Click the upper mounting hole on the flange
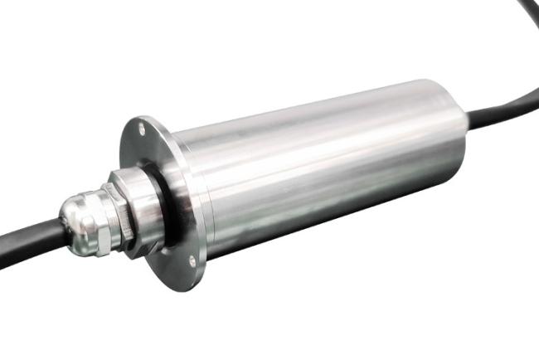[x=141, y=129]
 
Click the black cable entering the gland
[x=33, y=241]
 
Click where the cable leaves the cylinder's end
[x=469, y=121]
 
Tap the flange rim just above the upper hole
[x=136, y=120]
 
